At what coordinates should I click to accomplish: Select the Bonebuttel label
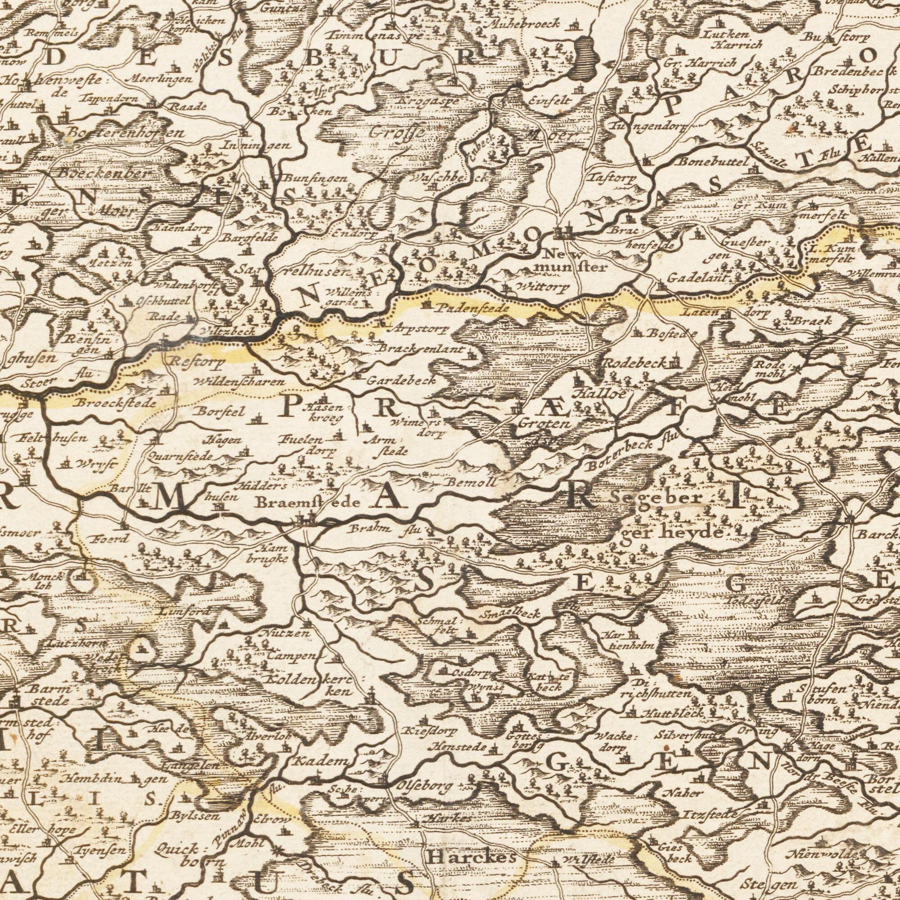click(x=713, y=162)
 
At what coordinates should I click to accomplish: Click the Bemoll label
click(x=472, y=482)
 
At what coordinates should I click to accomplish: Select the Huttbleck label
click(x=670, y=713)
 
